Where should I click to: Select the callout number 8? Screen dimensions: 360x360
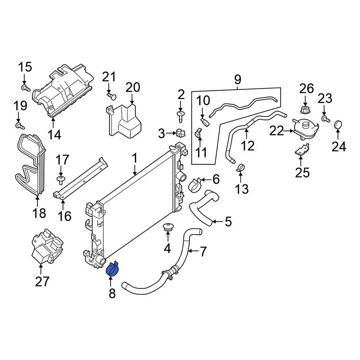tap(112, 294)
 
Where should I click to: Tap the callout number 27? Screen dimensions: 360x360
tap(42, 281)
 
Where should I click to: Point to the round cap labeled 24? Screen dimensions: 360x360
tap(338, 124)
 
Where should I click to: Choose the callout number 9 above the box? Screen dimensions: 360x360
tap(237, 79)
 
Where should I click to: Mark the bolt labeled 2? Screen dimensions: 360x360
tap(181, 115)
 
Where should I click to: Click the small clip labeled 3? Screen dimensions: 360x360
tap(180, 133)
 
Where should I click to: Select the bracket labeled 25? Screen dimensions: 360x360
tap(302, 151)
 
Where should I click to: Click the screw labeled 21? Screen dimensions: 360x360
tap(111, 96)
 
